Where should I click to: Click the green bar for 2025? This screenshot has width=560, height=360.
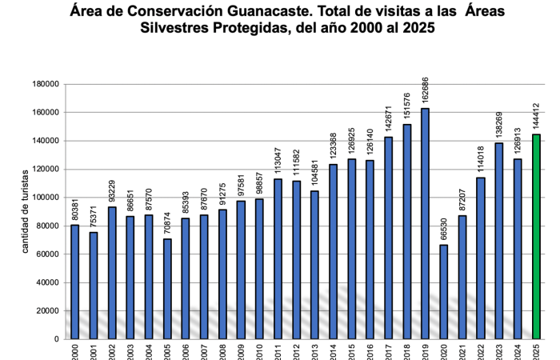click(537, 237)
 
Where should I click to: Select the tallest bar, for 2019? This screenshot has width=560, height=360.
click(426, 224)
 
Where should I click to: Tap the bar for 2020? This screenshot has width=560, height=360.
click(444, 292)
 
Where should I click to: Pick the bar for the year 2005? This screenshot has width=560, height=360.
click(166, 289)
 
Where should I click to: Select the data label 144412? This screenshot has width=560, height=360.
click(537, 116)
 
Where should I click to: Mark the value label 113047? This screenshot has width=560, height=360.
click(278, 161)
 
